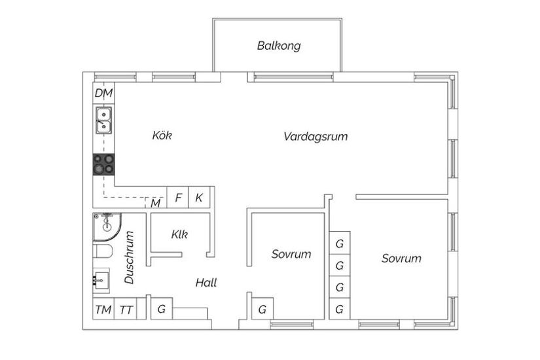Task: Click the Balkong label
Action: (279, 46)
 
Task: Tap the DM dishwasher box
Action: (103, 93)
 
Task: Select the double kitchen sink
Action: (103, 120)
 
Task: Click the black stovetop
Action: (103, 164)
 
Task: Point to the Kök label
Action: (162, 135)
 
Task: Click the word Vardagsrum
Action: (315, 136)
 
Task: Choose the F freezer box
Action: (177, 198)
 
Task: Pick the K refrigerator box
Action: (200, 198)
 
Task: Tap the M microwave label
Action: (156, 204)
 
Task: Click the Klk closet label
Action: (179, 234)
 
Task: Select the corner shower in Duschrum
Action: (107, 227)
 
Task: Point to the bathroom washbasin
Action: (101, 280)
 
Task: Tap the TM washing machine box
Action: (103, 309)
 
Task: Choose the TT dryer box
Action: (126, 309)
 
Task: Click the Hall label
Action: (206, 283)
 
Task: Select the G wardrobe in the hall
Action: (162, 309)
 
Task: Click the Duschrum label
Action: (129, 257)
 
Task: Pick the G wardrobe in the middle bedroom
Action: (262, 309)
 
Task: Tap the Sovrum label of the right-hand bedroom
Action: (401, 259)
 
